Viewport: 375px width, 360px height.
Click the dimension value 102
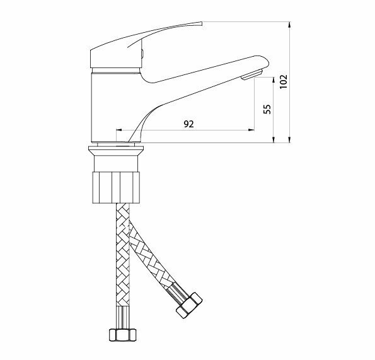(x=284, y=82)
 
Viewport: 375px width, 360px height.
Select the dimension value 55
(x=267, y=109)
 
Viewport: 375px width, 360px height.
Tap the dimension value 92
(x=188, y=124)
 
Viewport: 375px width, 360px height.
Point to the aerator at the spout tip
(x=252, y=74)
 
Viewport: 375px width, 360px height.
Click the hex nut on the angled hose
(x=189, y=305)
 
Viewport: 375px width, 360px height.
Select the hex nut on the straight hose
(x=123, y=335)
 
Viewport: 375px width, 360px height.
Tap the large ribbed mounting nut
(x=116, y=187)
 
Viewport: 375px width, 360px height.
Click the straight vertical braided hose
(x=123, y=265)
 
